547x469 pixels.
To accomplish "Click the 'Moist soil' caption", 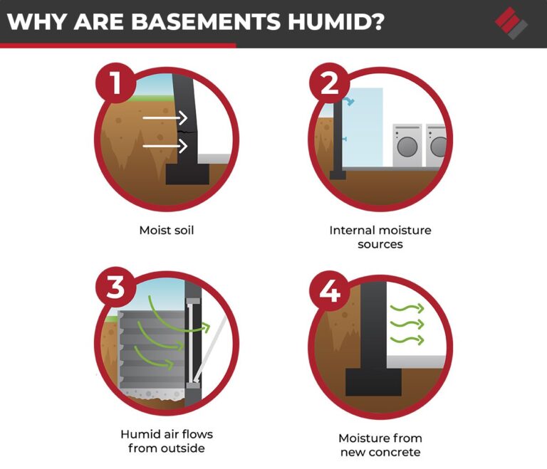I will coord(166,231).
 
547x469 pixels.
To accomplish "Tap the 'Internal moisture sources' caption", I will coord(380,237).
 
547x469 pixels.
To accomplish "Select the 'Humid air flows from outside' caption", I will coord(166,441).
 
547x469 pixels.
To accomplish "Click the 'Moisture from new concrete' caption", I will coord(380,445).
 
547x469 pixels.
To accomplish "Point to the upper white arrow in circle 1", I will coord(165,117).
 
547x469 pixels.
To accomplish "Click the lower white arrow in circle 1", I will coord(165,146).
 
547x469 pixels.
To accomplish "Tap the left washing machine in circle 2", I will coord(407,146).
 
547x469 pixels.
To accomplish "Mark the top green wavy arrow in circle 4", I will coord(407,309).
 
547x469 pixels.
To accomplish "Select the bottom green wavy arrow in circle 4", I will coord(407,339).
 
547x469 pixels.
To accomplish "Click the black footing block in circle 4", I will coord(373,381).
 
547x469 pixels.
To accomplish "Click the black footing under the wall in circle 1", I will coord(187,174).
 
